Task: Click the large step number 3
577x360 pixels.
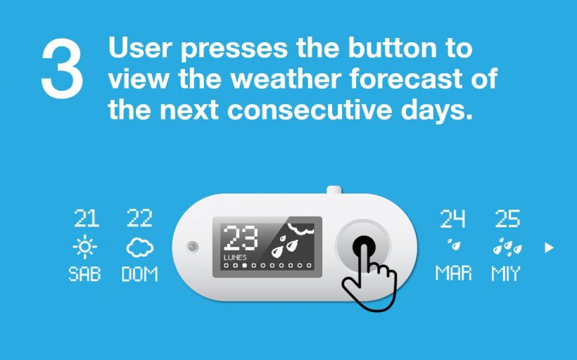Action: click(62, 68)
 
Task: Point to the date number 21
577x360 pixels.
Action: click(87, 218)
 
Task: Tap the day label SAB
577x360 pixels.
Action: click(84, 274)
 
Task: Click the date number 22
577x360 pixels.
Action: click(139, 218)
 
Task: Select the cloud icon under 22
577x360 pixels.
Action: click(139, 247)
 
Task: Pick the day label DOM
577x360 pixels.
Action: click(139, 274)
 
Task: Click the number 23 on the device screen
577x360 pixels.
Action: click(241, 239)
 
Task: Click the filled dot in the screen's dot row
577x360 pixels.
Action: click(244, 266)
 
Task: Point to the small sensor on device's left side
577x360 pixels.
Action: click(192, 247)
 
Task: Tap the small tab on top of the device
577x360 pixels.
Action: click(334, 190)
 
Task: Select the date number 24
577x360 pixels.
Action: click(452, 219)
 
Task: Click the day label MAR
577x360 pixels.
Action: click(453, 274)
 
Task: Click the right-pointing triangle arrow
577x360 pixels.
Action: click(549, 247)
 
